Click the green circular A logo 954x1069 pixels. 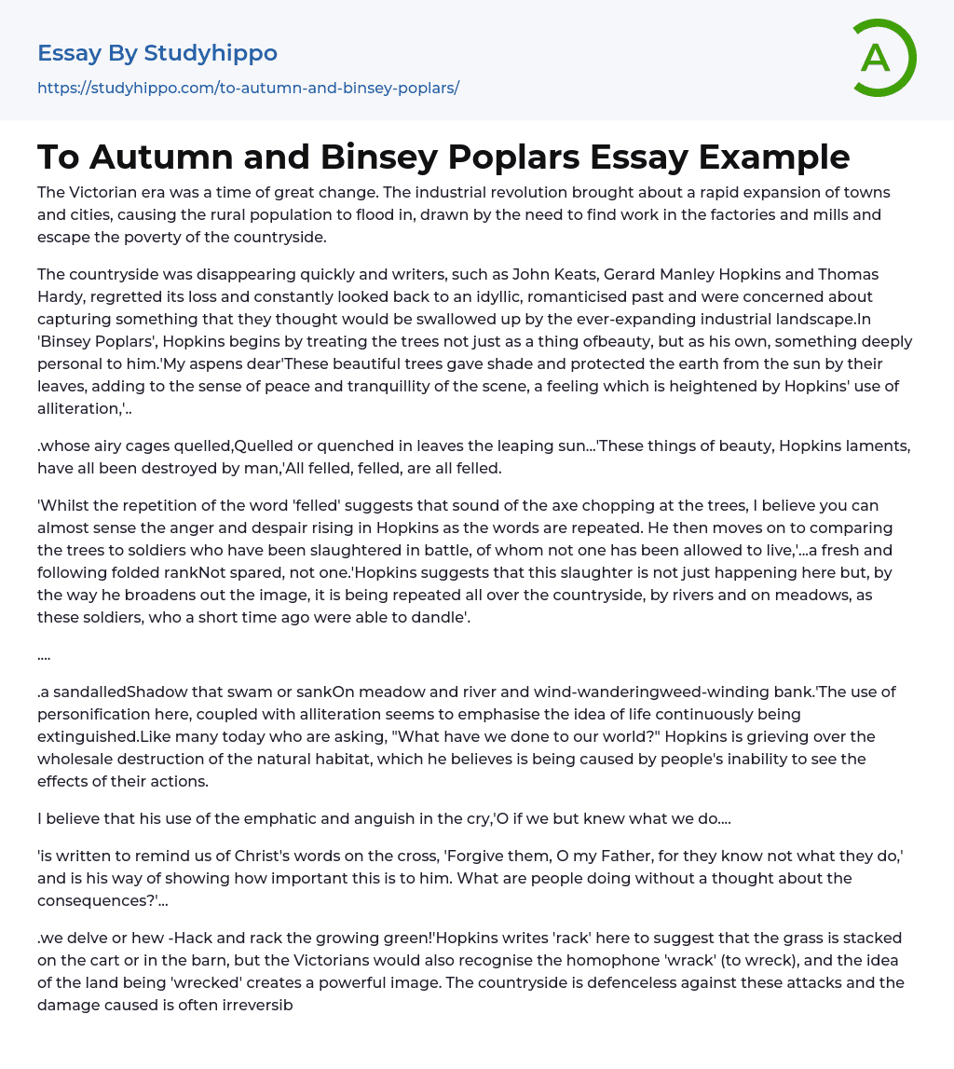[x=883, y=58]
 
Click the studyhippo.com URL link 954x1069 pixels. [x=248, y=88]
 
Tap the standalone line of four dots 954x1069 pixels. [x=44, y=654]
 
